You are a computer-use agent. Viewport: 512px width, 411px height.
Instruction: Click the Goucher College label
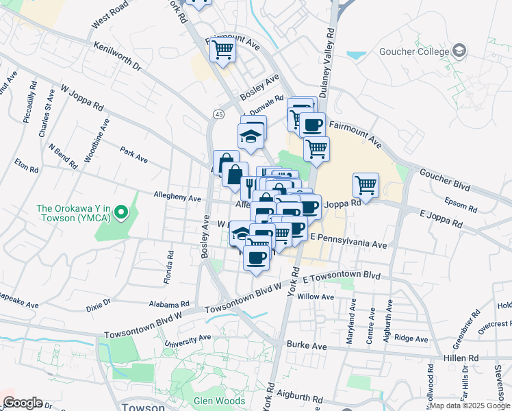(x=418, y=51)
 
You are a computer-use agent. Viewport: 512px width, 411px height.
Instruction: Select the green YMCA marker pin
(x=121, y=212)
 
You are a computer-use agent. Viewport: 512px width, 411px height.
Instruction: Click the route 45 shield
(x=218, y=113)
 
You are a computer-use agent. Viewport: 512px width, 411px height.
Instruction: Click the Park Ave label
(x=133, y=154)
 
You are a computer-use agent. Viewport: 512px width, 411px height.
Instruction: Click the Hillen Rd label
(x=464, y=358)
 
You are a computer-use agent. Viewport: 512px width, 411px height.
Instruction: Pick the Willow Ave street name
(x=316, y=297)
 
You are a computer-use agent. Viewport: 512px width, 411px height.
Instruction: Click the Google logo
(x=23, y=402)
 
